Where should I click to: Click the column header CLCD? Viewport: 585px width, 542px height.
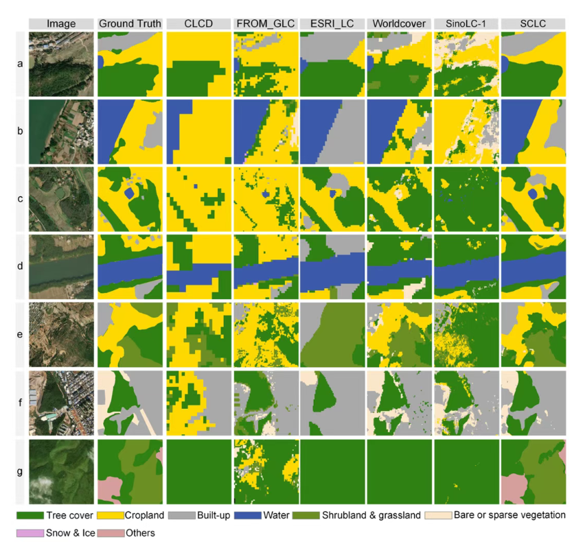(x=197, y=24)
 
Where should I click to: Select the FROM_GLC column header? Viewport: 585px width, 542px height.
(x=264, y=24)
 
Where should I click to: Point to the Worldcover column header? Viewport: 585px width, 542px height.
(x=399, y=24)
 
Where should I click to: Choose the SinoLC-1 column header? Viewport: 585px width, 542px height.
(x=466, y=24)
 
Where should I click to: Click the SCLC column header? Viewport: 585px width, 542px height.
(x=533, y=24)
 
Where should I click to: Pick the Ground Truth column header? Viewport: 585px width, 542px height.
(x=130, y=24)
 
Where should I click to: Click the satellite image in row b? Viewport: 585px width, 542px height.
(x=60, y=131)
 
